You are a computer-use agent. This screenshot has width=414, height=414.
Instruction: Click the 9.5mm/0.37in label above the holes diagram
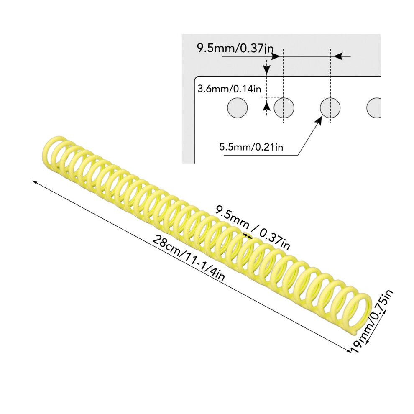pyautogui.click(x=235, y=49)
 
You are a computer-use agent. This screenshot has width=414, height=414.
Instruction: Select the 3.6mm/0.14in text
pyautogui.click(x=229, y=89)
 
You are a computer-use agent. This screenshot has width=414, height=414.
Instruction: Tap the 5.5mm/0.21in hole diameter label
pyautogui.click(x=251, y=146)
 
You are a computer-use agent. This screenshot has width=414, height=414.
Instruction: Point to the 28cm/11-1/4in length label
pyautogui.click(x=189, y=258)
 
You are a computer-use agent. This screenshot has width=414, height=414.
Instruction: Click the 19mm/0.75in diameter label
pyautogui.click(x=373, y=322)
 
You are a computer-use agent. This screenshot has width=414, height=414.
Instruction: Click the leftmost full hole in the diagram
pyautogui.click(x=238, y=108)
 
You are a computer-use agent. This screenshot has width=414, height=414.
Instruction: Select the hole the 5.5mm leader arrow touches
pyautogui.click(x=330, y=108)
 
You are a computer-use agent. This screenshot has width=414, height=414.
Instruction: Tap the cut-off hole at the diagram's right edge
pyautogui.click(x=374, y=108)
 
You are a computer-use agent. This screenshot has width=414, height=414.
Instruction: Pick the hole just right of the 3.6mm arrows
pyautogui.click(x=284, y=108)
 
